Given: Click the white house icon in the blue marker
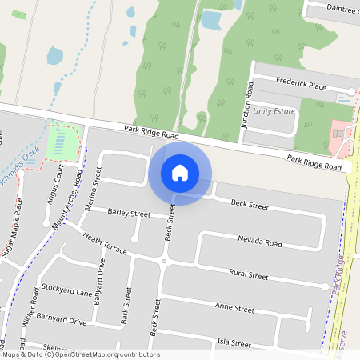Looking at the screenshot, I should click(x=180, y=173).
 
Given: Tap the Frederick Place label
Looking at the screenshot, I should click(x=302, y=85).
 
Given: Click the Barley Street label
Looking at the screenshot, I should click(x=129, y=214).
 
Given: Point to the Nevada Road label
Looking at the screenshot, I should click(x=260, y=241).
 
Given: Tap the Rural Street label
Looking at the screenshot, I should click(x=248, y=274).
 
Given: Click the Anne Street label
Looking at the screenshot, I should click(x=234, y=308).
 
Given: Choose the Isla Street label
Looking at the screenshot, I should click(x=234, y=342).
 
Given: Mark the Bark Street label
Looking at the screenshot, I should click(x=126, y=310).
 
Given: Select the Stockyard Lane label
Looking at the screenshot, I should click(x=67, y=290).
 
